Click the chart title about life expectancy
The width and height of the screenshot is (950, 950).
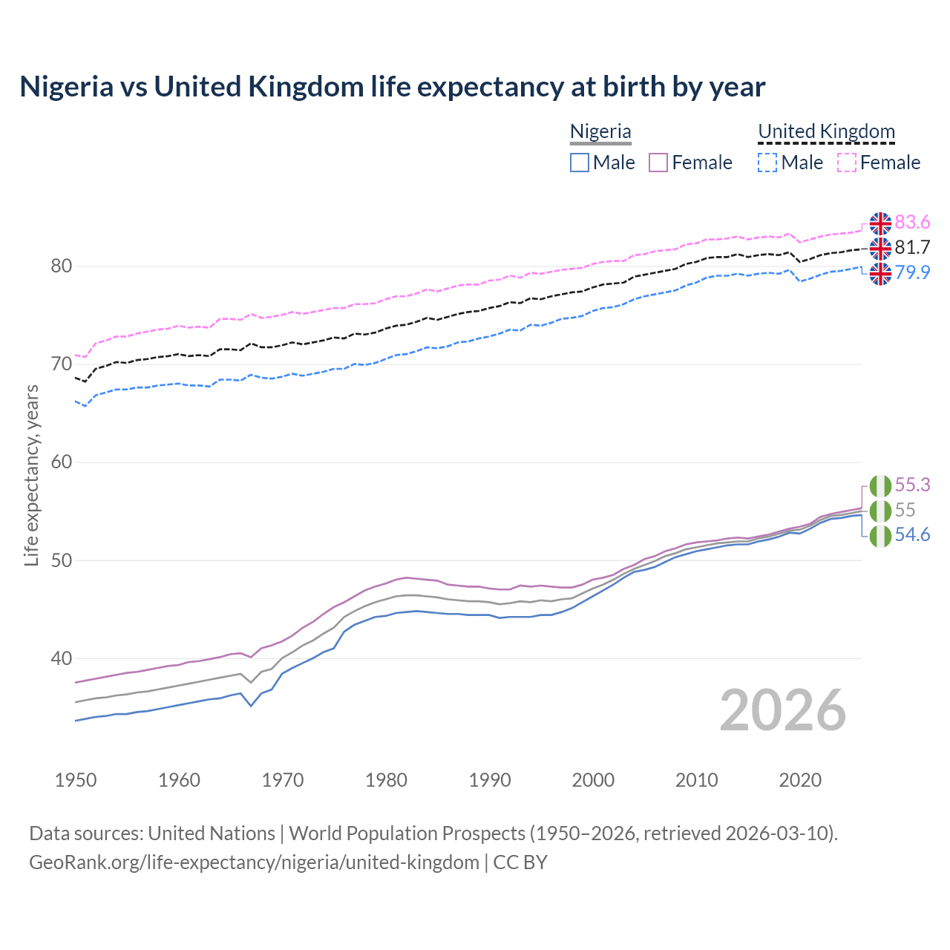[x=392, y=87]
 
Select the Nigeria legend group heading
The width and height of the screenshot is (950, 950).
[x=600, y=131]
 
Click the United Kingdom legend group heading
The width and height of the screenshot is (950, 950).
[x=826, y=131]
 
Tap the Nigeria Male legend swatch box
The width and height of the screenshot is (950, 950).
[x=580, y=163]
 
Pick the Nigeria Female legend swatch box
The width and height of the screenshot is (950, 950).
[x=658, y=163]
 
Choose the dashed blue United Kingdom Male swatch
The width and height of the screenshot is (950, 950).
[x=767, y=163]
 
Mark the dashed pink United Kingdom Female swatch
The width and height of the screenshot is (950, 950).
[x=847, y=163]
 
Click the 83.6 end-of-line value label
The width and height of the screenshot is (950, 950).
[x=912, y=223]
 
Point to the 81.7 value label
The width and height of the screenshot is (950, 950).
[x=912, y=248]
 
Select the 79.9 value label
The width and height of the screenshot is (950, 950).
[x=912, y=273]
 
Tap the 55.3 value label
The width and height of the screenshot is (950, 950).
[x=912, y=485]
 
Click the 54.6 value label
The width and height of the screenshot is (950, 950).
[x=912, y=535]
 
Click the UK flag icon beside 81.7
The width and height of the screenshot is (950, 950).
[x=880, y=248]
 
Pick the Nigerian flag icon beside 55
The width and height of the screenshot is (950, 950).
[x=880, y=511]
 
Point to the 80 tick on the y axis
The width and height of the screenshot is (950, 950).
[x=61, y=266]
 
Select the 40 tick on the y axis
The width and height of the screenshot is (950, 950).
[x=61, y=658]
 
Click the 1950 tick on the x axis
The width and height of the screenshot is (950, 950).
[x=76, y=780]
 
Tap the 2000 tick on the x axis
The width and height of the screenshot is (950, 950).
[x=593, y=780]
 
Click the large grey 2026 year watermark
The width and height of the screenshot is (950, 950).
[x=782, y=710]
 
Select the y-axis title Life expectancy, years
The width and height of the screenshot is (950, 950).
[x=31, y=475]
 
